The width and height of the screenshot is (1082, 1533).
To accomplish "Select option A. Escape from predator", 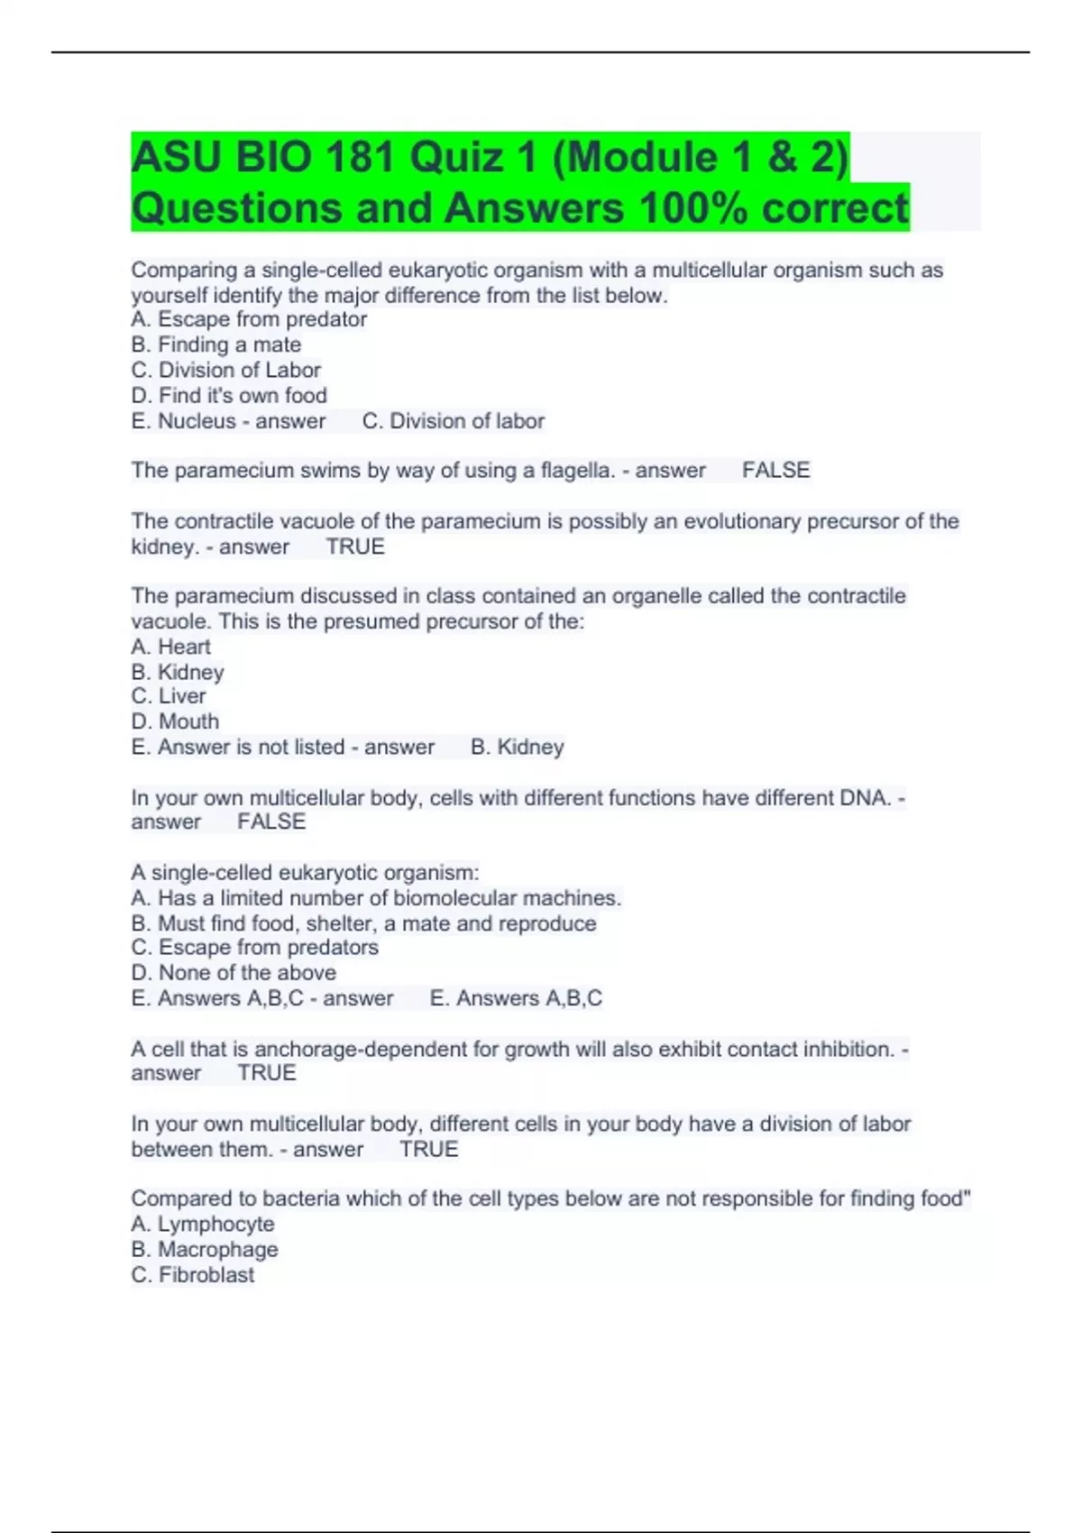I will [249, 319].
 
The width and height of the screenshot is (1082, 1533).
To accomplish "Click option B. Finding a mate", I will [216, 344].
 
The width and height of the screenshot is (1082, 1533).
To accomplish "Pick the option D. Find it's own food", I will [229, 395].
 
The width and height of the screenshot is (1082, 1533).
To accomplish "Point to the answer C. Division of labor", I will [453, 421].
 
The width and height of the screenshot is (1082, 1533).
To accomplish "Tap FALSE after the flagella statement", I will [775, 470].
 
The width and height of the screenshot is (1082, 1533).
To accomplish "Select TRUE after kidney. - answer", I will [355, 546].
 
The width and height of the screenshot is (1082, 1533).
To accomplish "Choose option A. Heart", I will [170, 647].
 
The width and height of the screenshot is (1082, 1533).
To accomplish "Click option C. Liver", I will [169, 696].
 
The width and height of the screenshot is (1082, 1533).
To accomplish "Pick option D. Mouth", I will [175, 721].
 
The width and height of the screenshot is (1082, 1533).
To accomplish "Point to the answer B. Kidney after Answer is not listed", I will [517, 747].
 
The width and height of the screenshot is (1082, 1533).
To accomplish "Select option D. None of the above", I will [234, 973].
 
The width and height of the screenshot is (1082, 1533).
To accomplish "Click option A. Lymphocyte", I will [203, 1224].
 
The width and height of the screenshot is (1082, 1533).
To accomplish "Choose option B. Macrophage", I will [205, 1249].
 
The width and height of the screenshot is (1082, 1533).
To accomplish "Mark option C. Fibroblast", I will [193, 1274].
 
